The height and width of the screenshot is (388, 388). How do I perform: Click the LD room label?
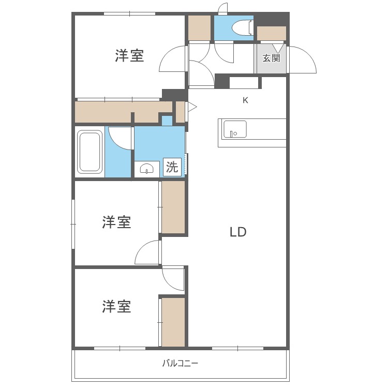pyautogui.click(x=238, y=232)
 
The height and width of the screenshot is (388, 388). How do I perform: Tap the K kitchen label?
pyautogui.click(x=246, y=100)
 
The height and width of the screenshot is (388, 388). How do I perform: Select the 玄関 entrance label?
pyautogui.click(x=271, y=58)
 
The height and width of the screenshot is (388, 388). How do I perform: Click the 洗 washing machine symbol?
pyautogui.click(x=172, y=167)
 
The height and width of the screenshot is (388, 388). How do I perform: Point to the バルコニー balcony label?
pyautogui.click(x=180, y=363)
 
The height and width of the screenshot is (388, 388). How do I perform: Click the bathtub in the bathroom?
pyautogui.click(x=90, y=152)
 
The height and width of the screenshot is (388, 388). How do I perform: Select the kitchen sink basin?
pyautogui.click(x=235, y=129)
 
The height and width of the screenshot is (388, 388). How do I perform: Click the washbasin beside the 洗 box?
pyautogui.click(x=147, y=169)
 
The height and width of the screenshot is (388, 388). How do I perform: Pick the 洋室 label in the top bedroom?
pyautogui.click(x=129, y=56)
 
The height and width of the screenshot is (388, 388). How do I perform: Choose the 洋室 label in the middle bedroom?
pyautogui.click(x=116, y=222)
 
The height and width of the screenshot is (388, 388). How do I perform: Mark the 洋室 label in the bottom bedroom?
pyautogui.click(x=116, y=307)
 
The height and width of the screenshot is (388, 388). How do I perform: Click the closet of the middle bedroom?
pyautogui.click(x=173, y=207)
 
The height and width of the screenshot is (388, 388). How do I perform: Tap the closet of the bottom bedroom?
pyautogui.click(x=173, y=322)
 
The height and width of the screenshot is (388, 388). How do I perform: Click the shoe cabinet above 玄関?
pyautogui.click(x=272, y=33)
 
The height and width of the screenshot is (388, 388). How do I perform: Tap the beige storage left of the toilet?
pyautogui.click(x=199, y=28)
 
